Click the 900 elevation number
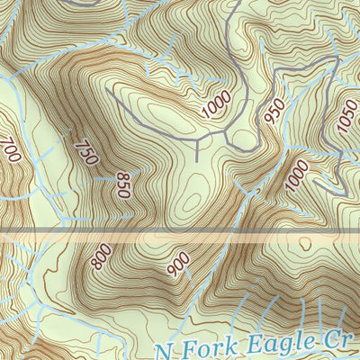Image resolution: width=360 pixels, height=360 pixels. click(x=178, y=263)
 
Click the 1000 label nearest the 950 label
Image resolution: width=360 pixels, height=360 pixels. click(x=217, y=104)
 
